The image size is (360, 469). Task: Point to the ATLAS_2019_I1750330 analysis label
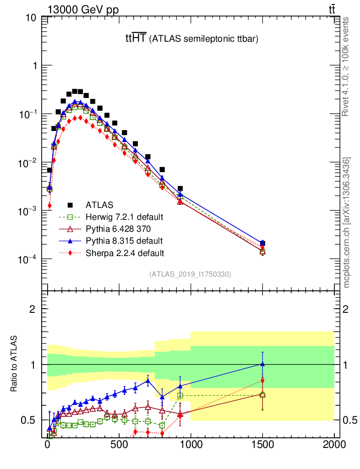click(x=190, y=274)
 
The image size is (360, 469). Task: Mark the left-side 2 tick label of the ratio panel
click(x=33, y=309)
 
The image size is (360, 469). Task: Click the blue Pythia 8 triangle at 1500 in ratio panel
click(x=262, y=364)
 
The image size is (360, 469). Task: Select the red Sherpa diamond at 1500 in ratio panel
click(x=262, y=380)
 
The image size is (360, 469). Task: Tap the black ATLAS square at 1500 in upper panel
click(x=262, y=243)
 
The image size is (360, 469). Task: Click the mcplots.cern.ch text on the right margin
click(x=347, y=223)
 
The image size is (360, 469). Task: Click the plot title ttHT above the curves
click(x=136, y=39)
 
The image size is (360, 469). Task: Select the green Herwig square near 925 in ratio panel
click(x=180, y=395)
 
